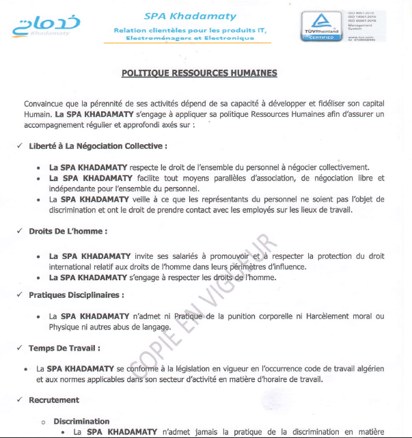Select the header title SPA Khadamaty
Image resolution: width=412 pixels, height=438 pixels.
[191, 16]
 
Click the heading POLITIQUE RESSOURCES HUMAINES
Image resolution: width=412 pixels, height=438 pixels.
[200, 72]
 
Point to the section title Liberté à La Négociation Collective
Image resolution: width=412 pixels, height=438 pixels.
[98, 146]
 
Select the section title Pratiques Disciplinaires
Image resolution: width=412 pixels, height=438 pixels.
[76, 295]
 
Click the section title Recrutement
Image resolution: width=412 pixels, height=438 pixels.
[53, 400]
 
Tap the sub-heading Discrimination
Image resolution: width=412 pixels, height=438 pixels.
[81, 421]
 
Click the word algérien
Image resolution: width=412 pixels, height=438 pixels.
[369, 368]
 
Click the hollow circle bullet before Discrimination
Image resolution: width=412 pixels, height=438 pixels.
[43, 422]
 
